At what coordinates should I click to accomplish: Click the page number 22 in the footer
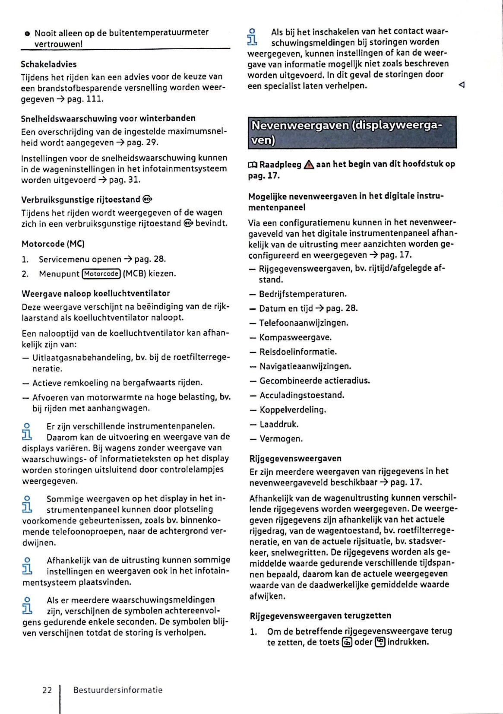(47, 690)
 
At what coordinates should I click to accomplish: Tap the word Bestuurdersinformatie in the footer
(118, 690)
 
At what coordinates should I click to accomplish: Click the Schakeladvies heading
(49, 64)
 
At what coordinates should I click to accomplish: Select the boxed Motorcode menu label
(101, 274)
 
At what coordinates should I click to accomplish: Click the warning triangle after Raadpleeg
(309, 165)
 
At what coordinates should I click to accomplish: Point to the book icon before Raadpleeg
(253, 165)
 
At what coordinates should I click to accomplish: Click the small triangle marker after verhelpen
(462, 85)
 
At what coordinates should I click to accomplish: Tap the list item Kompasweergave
(295, 337)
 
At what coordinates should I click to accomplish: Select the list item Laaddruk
(279, 424)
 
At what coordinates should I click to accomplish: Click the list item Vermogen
(281, 439)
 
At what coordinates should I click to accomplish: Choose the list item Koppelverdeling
(293, 410)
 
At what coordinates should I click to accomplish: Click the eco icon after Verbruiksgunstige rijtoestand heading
(147, 200)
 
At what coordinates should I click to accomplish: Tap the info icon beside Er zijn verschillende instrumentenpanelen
(27, 432)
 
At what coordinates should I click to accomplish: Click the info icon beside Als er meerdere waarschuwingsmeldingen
(27, 605)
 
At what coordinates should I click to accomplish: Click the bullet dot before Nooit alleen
(27, 33)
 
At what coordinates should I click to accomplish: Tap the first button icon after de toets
(347, 642)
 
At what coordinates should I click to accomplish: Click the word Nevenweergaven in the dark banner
(300, 126)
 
